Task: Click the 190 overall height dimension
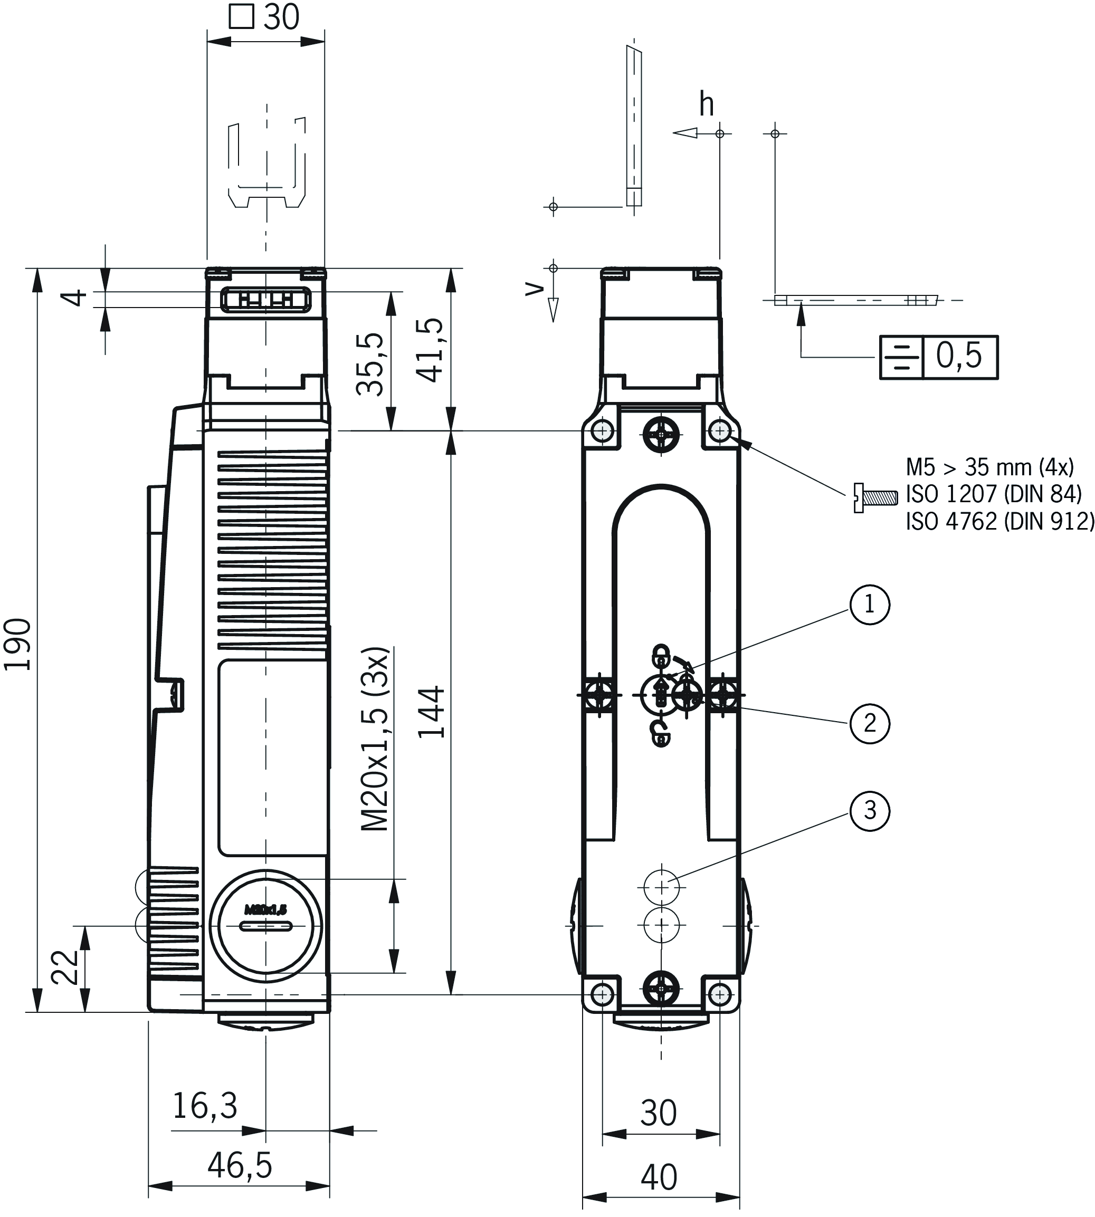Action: click(x=18, y=644)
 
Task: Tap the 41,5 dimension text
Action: click(x=431, y=351)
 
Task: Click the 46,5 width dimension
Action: click(x=240, y=1165)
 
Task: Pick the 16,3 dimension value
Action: click(x=205, y=1105)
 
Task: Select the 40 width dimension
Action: click(x=659, y=1177)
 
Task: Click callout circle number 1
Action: click(x=869, y=605)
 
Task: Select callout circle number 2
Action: click(x=869, y=723)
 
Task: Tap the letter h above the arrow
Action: click(x=706, y=105)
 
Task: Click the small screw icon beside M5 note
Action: click(x=875, y=498)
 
